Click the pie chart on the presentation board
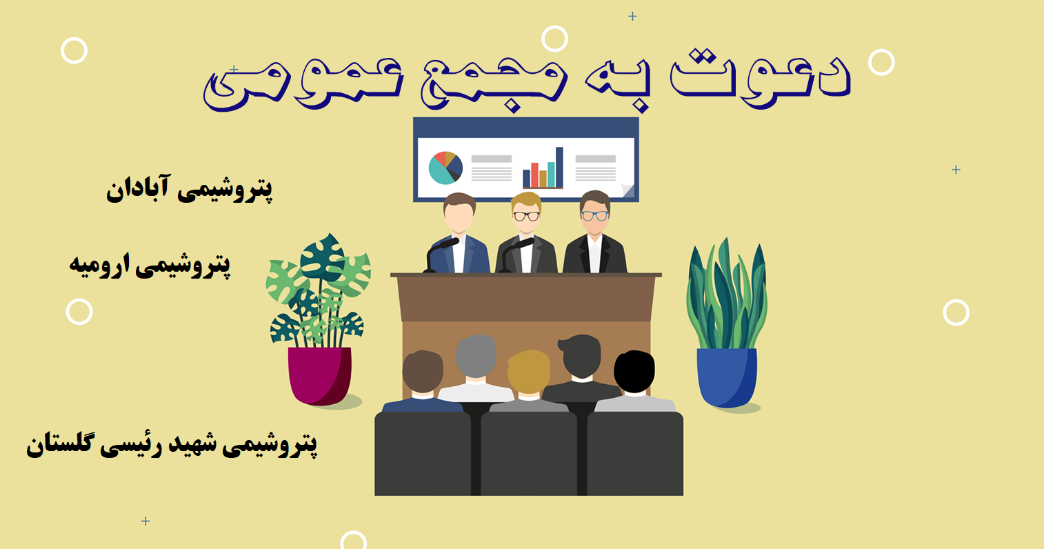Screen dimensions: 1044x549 445,168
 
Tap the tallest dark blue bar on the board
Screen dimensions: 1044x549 559,168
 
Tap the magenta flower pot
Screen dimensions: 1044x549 320,376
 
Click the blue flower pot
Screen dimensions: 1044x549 727,377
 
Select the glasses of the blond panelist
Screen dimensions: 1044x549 526,217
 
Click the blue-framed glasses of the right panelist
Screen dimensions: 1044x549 594,216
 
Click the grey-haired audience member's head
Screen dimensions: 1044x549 475,357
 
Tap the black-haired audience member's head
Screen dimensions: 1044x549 634,372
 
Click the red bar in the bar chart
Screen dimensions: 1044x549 534,174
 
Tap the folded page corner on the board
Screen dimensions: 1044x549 628,190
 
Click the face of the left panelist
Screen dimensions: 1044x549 459,219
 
